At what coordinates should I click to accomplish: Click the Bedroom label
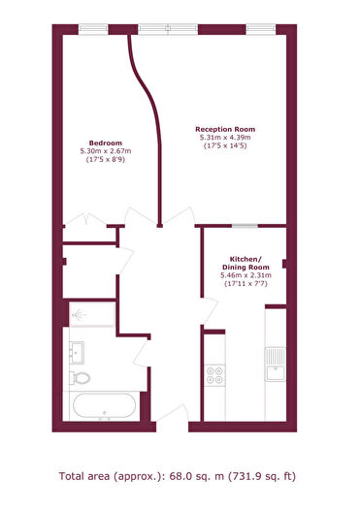pos(106,143)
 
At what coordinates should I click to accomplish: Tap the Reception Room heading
pos(225,129)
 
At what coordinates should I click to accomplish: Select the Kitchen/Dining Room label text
pos(245,264)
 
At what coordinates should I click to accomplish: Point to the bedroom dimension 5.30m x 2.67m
pos(106,151)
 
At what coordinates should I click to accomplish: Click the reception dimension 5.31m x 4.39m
pos(225,138)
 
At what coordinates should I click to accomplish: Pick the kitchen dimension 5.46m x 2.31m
pos(245,275)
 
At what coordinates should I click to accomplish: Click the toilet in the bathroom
pos(80,378)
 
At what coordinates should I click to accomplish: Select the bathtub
pos(104,406)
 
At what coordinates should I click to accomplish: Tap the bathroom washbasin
pos(77,353)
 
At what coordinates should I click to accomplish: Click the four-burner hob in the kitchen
pos(215,375)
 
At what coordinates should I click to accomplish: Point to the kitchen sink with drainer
pos(276,364)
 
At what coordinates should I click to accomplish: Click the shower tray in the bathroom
pos(92,314)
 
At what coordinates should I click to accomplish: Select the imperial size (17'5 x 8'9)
pos(106,159)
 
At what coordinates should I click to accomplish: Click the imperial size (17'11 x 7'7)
pos(245,284)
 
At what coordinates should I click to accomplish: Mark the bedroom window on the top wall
pos(93,29)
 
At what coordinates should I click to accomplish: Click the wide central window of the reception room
pos(168,29)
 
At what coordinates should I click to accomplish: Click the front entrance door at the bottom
pos(173,415)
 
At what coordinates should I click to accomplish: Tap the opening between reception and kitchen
pos(245,226)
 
